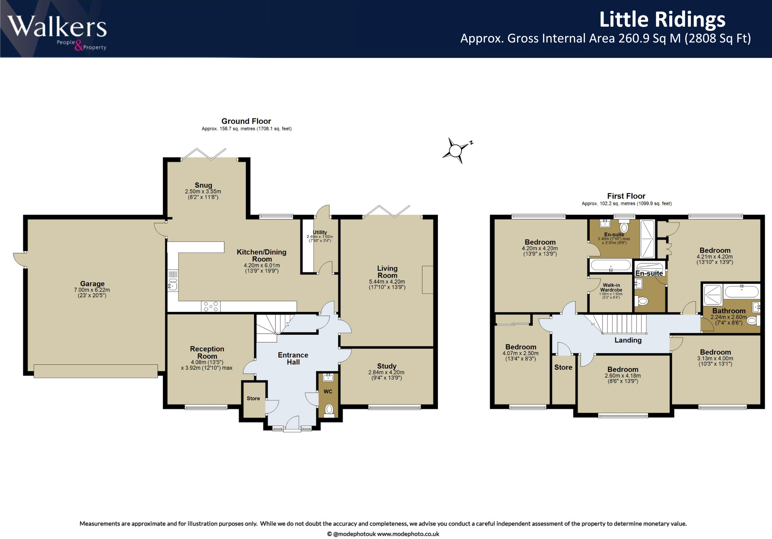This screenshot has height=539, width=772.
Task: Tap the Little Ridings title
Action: coord(662,19)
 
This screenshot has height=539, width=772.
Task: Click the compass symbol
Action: coord(456,150)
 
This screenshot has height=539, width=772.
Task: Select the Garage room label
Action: coord(92,284)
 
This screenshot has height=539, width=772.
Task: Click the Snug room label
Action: coord(203,185)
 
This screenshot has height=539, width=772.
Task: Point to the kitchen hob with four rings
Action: coord(211,307)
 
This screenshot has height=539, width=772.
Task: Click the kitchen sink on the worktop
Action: coord(173,286)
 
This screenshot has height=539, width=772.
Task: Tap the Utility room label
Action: coord(320,232)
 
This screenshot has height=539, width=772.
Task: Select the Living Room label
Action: coord(387,272)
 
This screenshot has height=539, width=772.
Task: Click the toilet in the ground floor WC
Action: coord(329,409)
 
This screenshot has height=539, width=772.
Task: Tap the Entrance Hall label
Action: coord(293,358)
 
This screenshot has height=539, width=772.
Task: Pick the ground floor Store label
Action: coord(253,398)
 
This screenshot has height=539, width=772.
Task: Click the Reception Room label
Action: coord(207,353)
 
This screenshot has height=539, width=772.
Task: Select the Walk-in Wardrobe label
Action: coord(611,288)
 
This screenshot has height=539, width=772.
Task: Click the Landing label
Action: coord(628,340)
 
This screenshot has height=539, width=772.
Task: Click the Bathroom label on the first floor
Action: coord(729,311)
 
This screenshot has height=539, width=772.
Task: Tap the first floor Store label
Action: coord(563,368)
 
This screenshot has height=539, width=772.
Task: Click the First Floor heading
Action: coord(626,196)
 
